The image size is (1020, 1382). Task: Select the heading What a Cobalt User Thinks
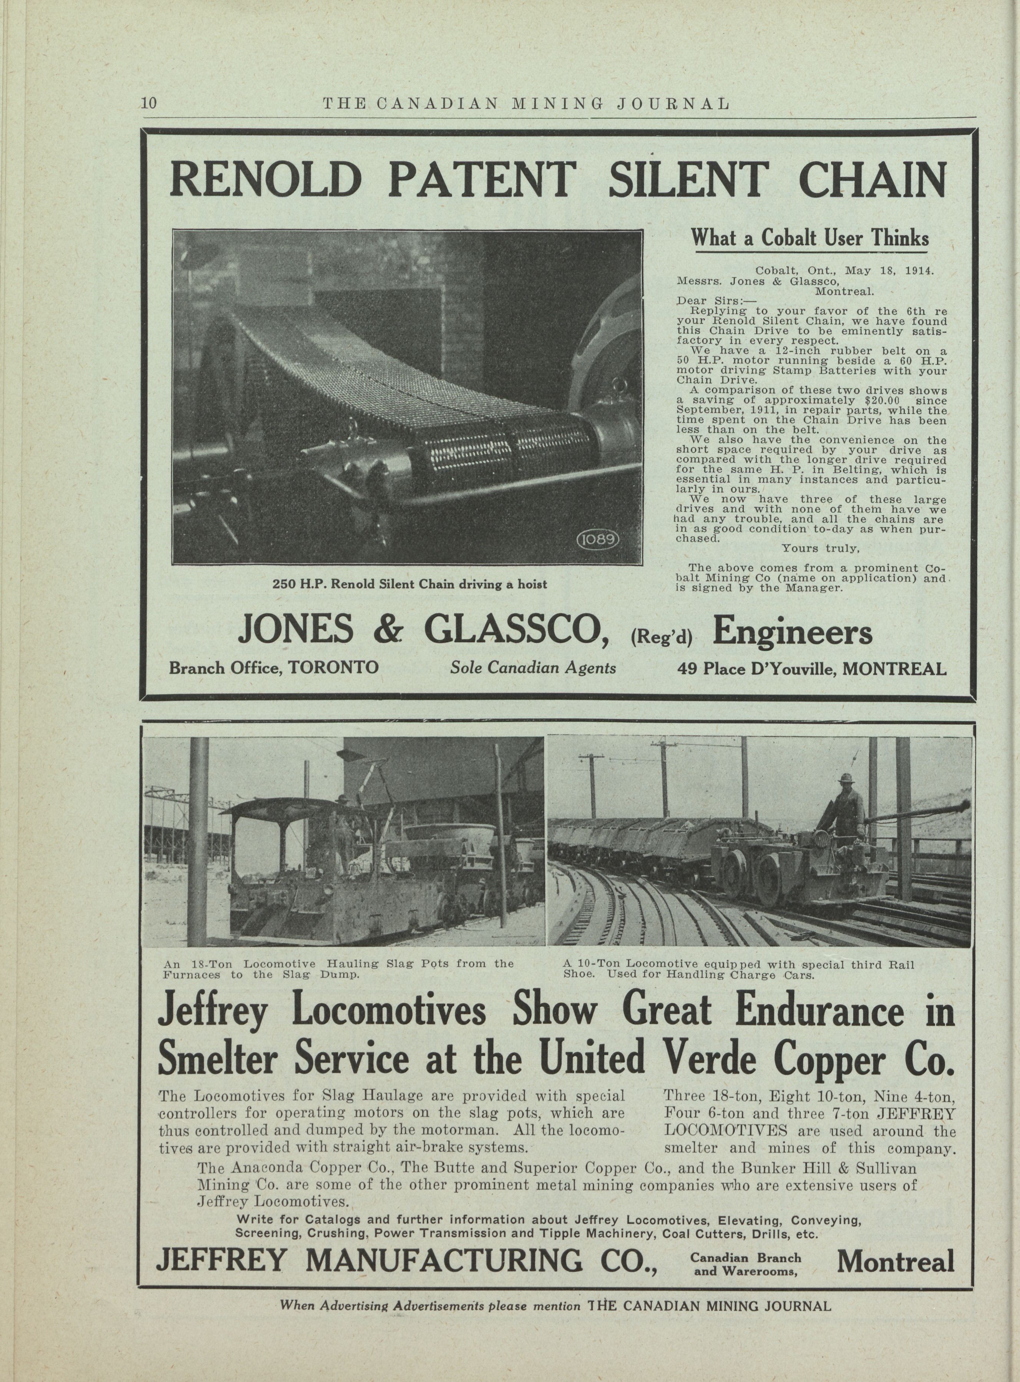pyautogui.click(x=809, y=238)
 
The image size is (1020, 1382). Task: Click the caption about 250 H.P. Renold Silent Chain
pyautogui.click(x=410, y=584)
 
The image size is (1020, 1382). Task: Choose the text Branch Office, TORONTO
pyautogui.click(x=274, y=668)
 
